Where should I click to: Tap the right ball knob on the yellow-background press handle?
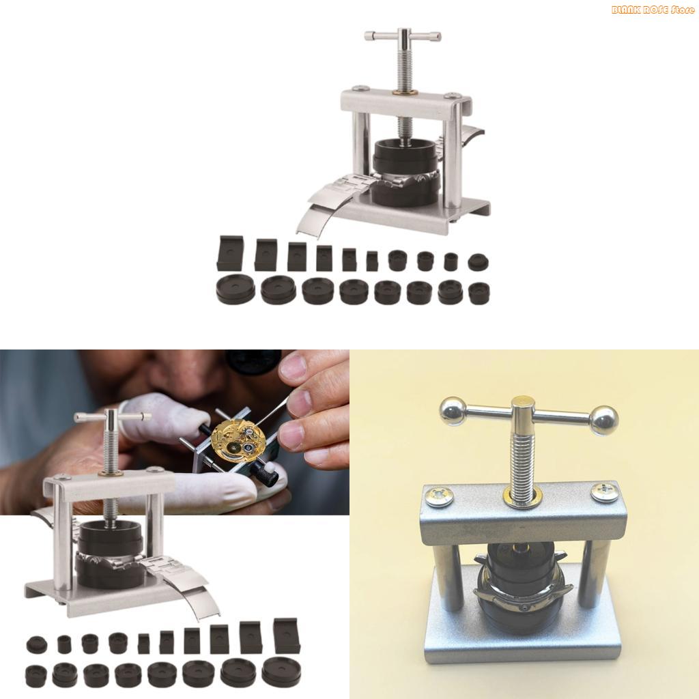tap(604, 420)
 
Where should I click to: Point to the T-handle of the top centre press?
tap(403, 35)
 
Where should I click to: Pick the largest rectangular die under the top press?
tap(230, 254)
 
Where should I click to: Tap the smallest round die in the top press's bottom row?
tap(479, 294)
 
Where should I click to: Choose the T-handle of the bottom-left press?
tap(113, 416)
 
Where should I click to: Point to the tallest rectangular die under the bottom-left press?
tap(286, 636)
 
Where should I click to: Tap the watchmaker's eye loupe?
tap(253, 360)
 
